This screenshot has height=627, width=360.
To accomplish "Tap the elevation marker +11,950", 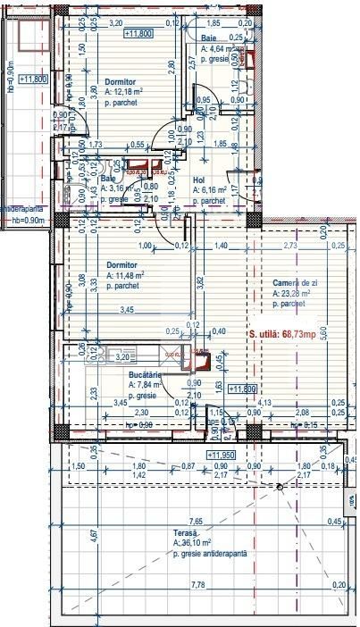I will [x=222, y=456].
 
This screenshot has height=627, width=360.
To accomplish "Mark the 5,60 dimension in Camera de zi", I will [x=349, y=329].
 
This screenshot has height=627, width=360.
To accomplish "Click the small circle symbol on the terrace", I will [x=280, y=486].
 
